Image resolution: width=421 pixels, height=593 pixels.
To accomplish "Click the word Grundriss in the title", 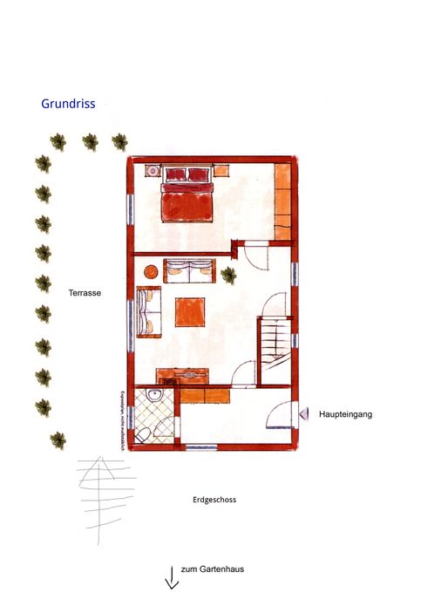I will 69,104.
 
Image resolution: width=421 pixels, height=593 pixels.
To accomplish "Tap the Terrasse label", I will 85,294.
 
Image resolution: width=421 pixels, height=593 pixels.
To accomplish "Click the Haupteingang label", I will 345,414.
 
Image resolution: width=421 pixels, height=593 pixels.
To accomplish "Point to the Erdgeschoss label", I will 214,501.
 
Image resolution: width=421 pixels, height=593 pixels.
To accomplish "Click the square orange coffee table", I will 191,312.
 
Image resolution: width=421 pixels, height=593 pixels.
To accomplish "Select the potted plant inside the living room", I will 229,276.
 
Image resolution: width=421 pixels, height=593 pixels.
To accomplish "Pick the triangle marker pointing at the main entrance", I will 303,413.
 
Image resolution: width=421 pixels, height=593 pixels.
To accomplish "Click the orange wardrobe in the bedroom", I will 283,201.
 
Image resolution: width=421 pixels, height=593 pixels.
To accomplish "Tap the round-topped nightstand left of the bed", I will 150,171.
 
